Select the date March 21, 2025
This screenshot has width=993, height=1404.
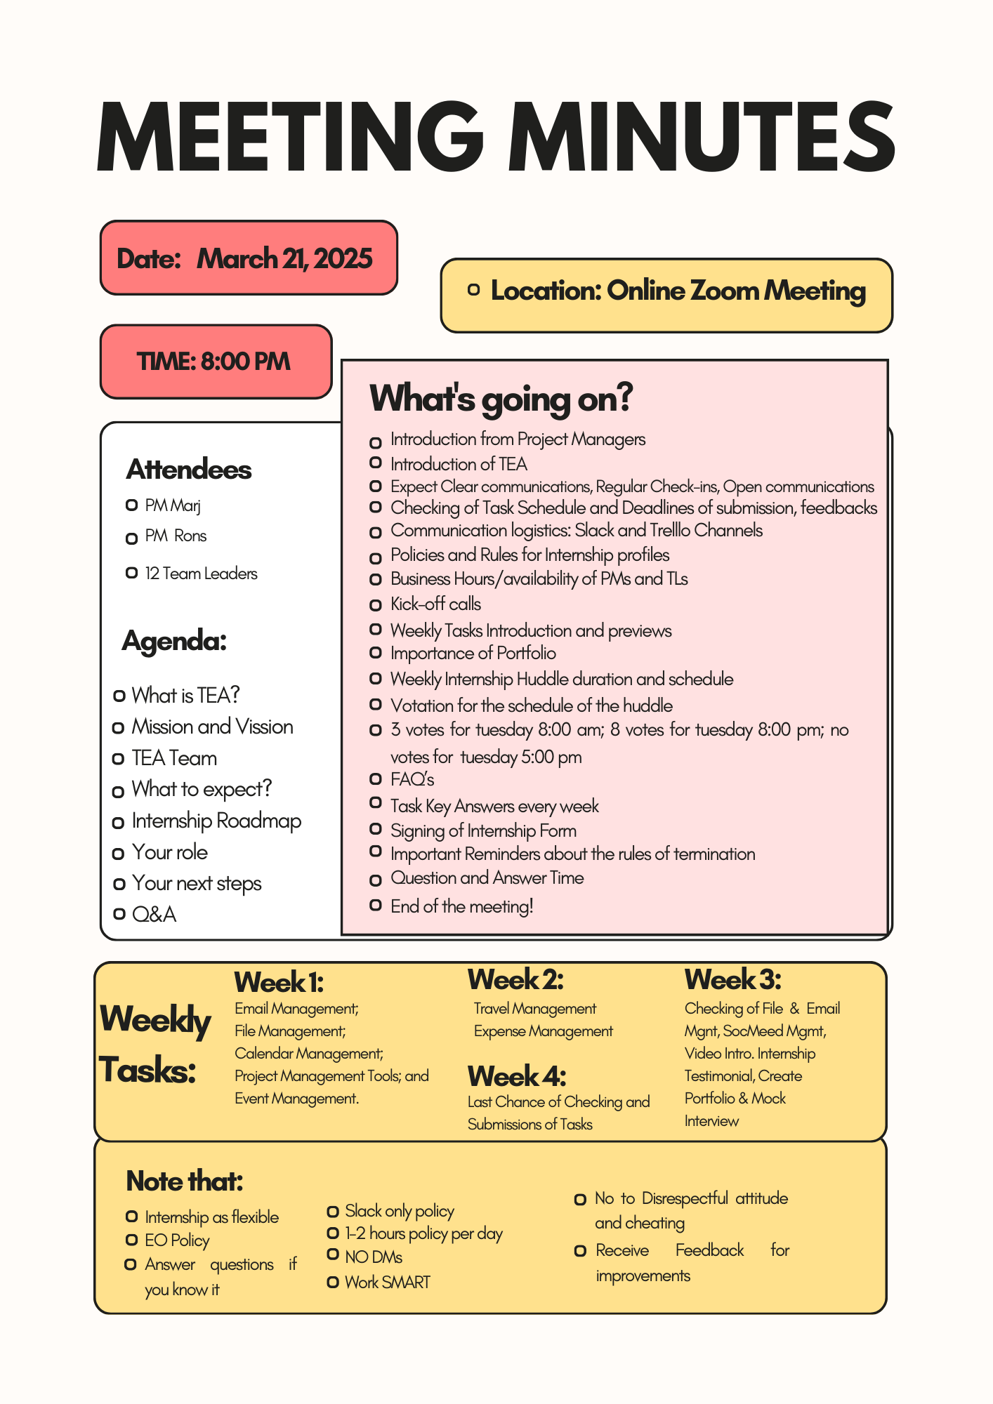[x=284, y=259]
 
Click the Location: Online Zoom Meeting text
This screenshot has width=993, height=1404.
[x=678, y=291]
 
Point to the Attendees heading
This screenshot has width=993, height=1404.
[x=189, y=470]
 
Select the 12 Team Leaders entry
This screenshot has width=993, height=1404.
[x=201, y=574]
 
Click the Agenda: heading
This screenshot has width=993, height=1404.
[x=174, y=640]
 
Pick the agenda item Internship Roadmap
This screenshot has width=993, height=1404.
[x=216, y=821]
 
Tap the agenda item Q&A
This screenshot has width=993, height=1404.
[x=154, y=914]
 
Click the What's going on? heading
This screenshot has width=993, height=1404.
[x=501, y=398]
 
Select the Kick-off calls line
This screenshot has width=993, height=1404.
[x=435, y=604]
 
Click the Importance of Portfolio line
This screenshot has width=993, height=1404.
[x=473, y=654]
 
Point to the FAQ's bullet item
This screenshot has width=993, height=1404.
[x=412, y=779]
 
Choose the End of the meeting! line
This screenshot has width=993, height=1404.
[x=461, y=906]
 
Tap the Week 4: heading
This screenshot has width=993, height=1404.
[x=516, y=1076]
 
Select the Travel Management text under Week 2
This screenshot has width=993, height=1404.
[x=534, y=1009]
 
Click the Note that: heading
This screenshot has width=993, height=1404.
[x=184, y=1181]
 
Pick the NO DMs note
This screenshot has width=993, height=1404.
[x=373, y=1257]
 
